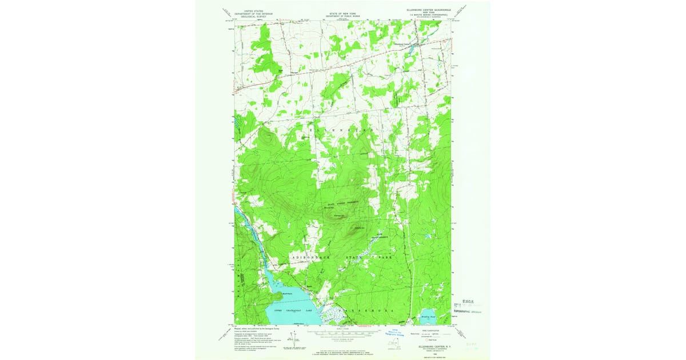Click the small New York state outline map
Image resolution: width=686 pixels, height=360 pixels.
coord(393,345)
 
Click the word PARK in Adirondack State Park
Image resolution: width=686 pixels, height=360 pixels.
coord(386,258)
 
